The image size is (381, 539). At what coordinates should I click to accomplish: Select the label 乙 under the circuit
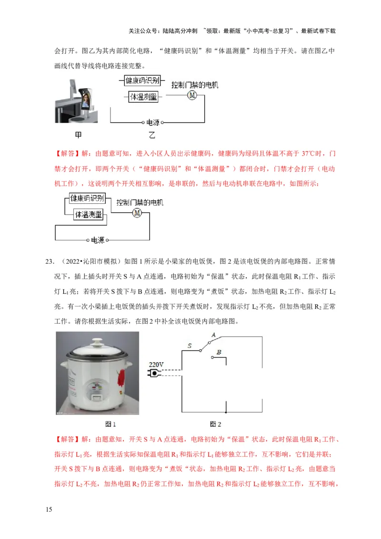point(152,135)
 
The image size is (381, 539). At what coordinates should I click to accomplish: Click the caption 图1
point(110,424)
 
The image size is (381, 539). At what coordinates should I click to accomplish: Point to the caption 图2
point(216,424)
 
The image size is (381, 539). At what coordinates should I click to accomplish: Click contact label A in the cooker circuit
point(213,335)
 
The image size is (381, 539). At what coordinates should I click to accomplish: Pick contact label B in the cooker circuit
point(218,352)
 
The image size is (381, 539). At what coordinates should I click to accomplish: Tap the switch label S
point(189,347)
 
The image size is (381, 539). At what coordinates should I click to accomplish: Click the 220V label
point(156,364)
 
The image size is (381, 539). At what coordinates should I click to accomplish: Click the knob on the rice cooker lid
point(98,341)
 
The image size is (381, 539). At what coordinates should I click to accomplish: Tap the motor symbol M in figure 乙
point(192,95)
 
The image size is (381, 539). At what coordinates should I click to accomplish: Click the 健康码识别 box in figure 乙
point(142,81)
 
